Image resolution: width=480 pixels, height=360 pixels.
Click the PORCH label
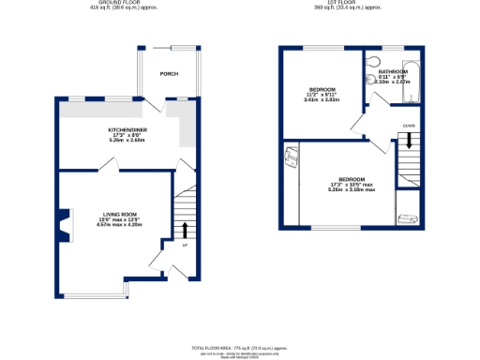(x=169, y=73)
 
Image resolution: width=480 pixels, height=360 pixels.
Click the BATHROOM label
(x=393, y=72)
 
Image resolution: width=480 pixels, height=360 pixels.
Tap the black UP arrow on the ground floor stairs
(x=185, y=230)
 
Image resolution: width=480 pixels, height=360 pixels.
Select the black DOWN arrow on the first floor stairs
(x=408, y=141)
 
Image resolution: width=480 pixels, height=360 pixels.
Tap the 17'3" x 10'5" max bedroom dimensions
(x=352, y=184)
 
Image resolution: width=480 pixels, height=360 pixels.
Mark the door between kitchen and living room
(x=111, y=164)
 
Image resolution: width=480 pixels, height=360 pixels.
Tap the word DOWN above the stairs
(x=408, y=124)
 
